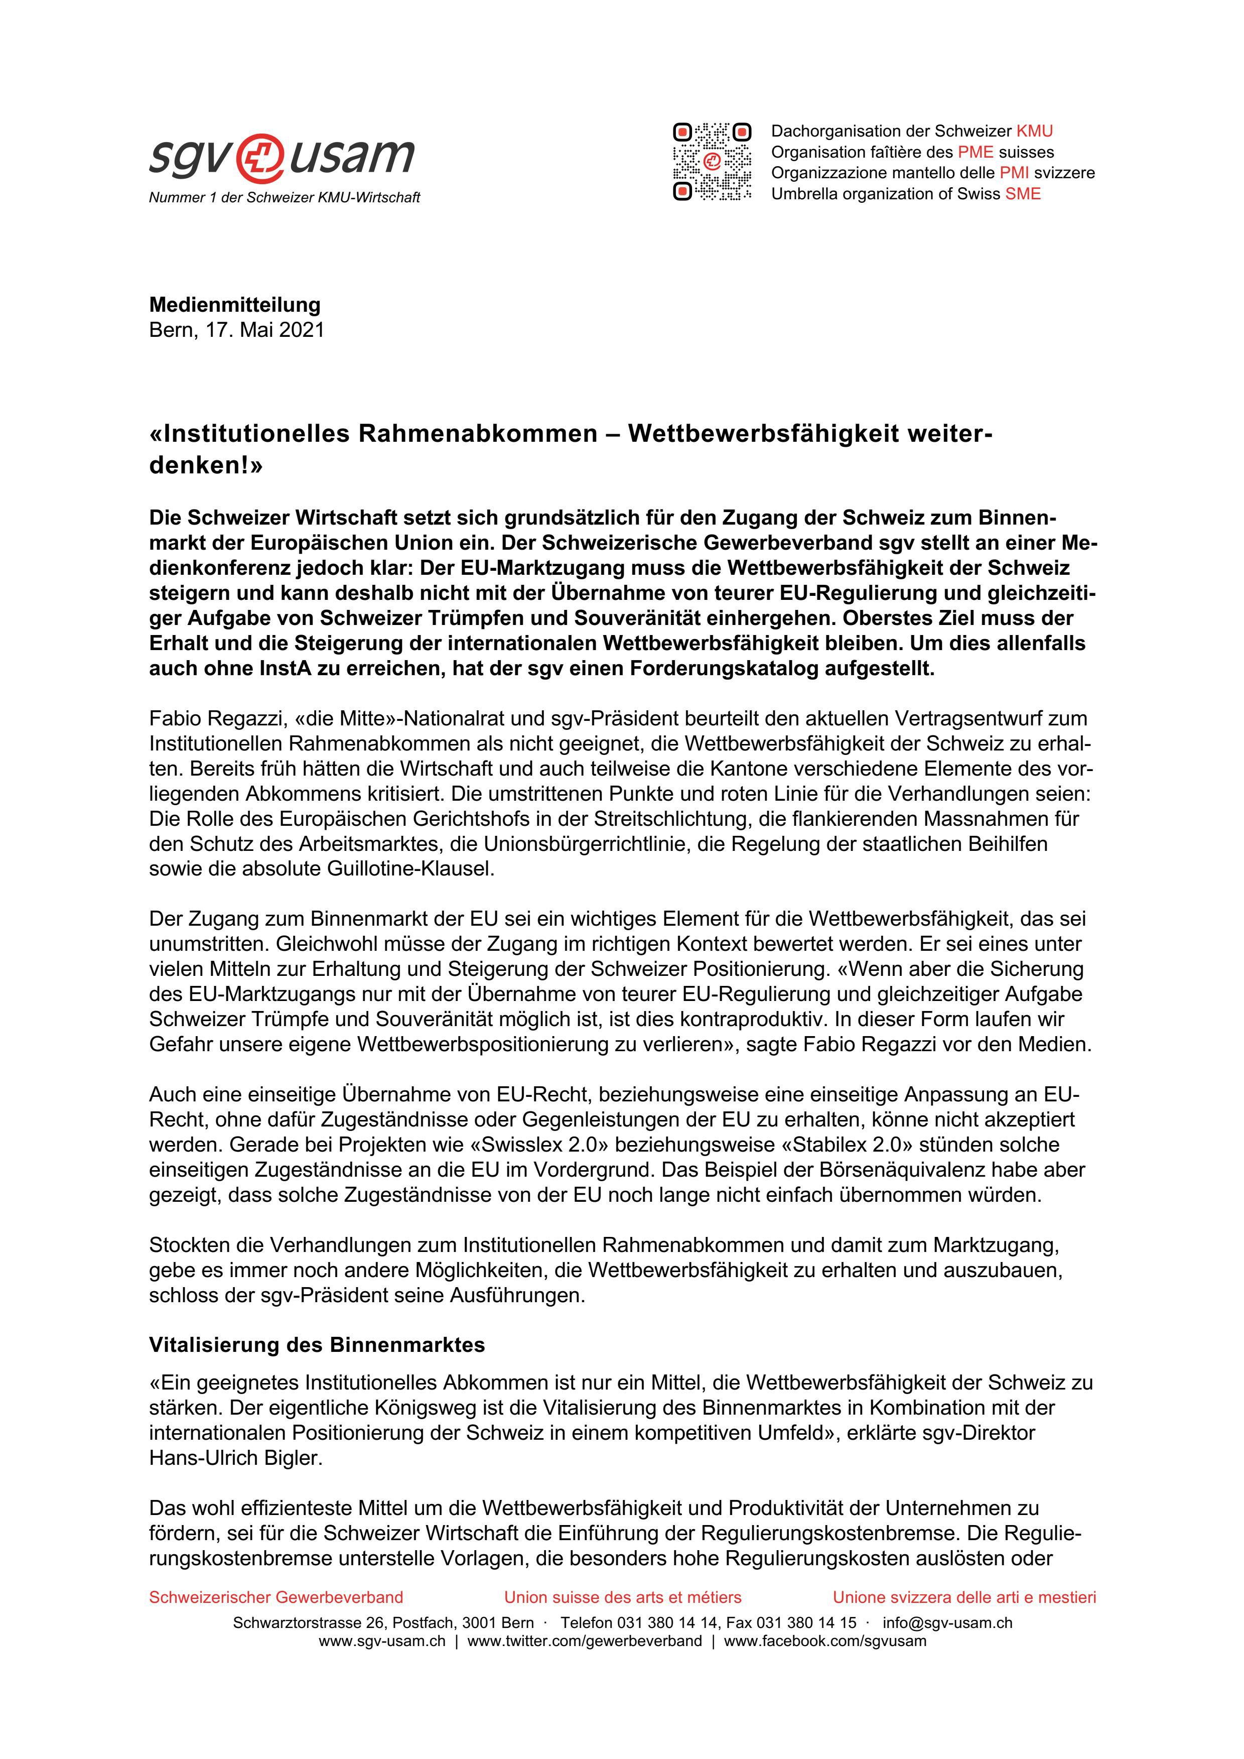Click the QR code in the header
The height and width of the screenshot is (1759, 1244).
pyautogui.click(x=712, y=162)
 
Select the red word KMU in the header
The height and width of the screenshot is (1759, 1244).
pyautogui.click(x=1034, y=131)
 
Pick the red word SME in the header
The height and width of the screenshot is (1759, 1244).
pyautogui.click(x=1023, y=194)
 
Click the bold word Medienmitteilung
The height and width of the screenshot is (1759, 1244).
pyautogui.click(x=234, y=304)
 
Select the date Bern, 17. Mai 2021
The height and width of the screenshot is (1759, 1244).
pyautogui.click(x=237, y=330)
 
